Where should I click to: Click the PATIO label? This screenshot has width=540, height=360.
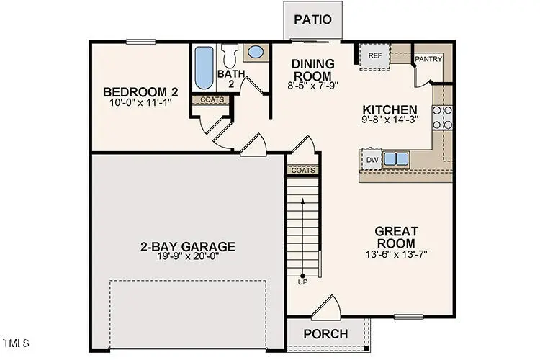312,19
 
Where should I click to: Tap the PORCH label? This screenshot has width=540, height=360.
325,334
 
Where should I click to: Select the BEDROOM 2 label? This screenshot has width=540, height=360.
140,92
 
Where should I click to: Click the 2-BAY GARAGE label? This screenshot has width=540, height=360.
187,247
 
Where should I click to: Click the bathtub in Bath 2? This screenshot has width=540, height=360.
202,67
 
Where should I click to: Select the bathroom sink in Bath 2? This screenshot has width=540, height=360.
256,52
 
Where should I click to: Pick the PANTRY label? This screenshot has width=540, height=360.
428,59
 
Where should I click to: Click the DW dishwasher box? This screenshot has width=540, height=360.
372,159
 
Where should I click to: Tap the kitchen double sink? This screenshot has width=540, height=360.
395,158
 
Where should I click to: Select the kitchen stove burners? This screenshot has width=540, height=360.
442,117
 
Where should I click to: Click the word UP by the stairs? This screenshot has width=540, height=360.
302,281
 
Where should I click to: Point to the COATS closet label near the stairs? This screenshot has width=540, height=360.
303,171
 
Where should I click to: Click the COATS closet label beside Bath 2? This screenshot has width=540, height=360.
212,99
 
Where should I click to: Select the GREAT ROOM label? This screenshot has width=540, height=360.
396,237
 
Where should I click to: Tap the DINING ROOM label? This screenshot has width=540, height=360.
312,70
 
